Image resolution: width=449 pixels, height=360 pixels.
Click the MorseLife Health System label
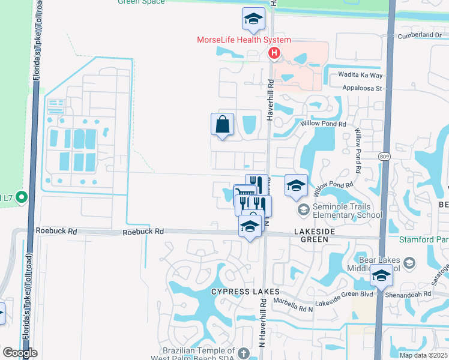(244, 40)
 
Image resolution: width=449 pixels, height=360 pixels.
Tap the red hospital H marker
(274, 54)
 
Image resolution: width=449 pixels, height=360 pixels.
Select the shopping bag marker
(222, 125)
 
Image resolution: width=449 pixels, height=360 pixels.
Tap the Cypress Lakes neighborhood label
(237, 291)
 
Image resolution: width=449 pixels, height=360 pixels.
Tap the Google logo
(20, 353)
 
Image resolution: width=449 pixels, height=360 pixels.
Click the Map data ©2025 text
(424, 355)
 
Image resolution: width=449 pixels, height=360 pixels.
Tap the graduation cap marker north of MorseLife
(253, 19)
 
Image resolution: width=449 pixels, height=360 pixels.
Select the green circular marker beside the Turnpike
(22, 197)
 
